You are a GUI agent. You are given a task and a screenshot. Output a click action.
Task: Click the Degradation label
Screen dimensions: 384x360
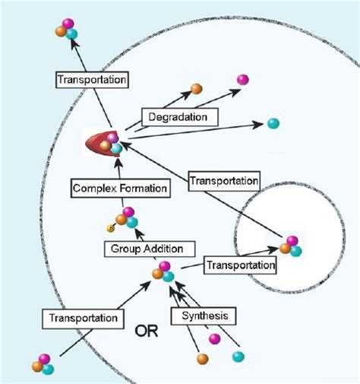point(180,116)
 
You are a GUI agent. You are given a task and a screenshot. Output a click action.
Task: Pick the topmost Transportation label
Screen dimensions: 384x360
point(91,78)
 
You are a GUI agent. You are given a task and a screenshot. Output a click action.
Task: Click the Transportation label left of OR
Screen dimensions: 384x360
point(84,316)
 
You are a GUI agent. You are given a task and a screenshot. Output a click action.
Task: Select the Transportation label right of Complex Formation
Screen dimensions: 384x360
point(223,182)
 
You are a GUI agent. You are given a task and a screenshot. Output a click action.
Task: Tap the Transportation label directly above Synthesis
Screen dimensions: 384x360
point(240,265)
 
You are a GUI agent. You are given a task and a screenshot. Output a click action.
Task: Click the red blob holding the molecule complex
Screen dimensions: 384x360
point(99,143)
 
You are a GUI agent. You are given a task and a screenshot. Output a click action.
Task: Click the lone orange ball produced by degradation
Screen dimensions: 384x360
point(196,89)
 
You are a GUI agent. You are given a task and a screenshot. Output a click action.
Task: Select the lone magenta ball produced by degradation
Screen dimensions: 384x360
point(243,79)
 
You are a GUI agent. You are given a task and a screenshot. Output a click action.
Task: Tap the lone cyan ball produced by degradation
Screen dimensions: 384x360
point(273,124)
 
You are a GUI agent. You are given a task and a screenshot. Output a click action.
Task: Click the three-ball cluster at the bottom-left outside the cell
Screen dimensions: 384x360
point(43,364)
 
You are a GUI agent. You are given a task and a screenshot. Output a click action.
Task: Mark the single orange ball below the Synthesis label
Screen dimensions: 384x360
point(202,358)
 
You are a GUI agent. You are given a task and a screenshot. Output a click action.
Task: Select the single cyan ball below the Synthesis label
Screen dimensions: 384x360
point(238,355)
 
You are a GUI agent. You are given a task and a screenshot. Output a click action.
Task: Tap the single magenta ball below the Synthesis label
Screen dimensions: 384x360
point(215,338)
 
